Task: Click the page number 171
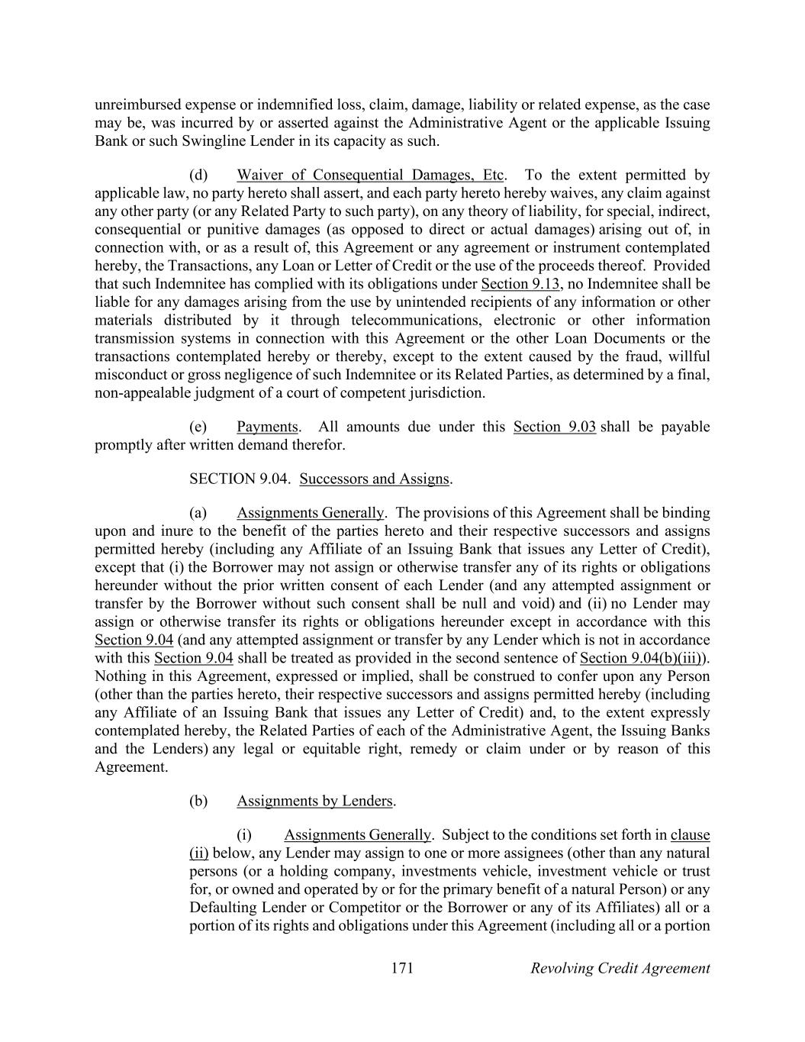tap(401, 968)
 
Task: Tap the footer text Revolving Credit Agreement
tap(620, 968)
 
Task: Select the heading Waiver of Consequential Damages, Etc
tap(370, 175)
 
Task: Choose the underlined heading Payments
tap(267, 426)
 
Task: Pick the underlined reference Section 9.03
tap(554, 426)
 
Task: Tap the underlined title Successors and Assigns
tap(374, 479)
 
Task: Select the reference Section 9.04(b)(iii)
tap(642, 658)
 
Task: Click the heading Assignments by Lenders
tap(314, 801)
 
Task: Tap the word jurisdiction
tap(449, 393)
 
